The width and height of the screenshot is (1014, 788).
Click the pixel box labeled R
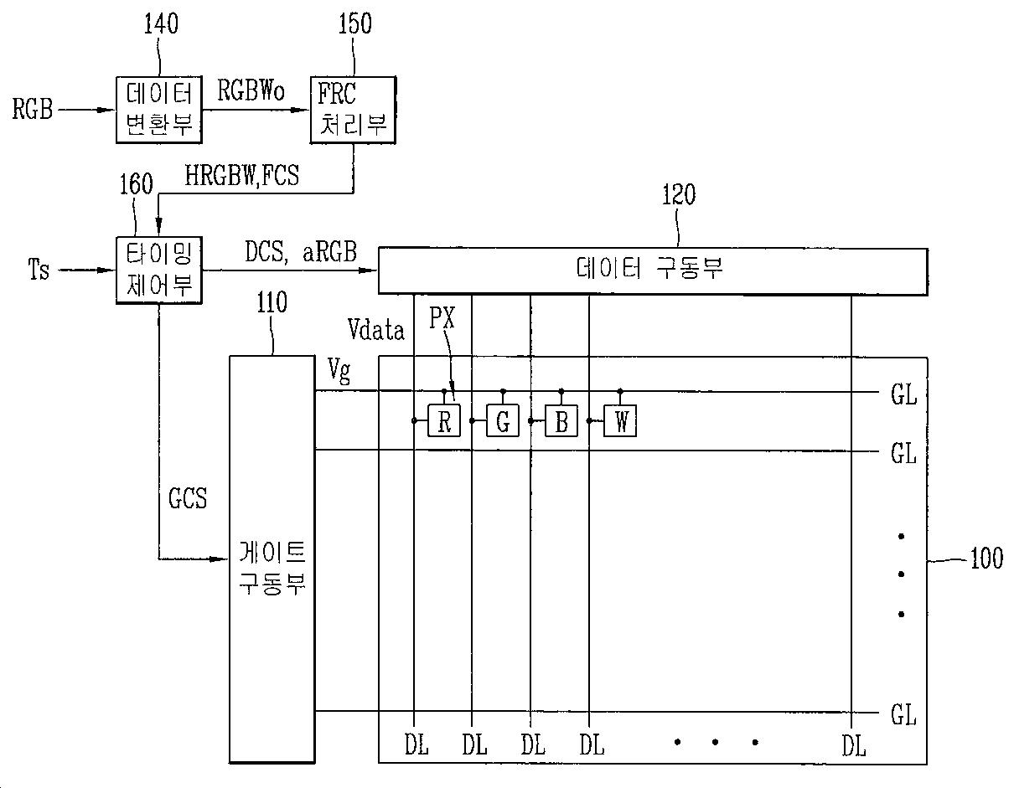click(x=444, y=421)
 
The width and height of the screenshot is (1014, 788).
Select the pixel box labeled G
click(x=503, y=421)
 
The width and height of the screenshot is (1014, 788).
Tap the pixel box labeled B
click(x=561, y=421)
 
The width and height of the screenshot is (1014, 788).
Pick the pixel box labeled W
click(x=620, y=421)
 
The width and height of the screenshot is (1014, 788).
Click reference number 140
click(x=160, y=24)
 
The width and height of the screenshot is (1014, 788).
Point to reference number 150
click(x=354, y=23)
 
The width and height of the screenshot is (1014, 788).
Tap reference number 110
click(x=272, y=301)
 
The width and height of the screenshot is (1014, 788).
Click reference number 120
click(x=678, y=195)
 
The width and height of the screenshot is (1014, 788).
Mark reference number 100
click(x=986, y=559)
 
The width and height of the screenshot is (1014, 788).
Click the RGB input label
click(x=33, y=109)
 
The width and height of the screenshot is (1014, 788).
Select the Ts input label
click(x=39, y=270)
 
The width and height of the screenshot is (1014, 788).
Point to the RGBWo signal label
click(x=251, y=90)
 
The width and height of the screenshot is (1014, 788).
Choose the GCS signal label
click(x=188, y=499)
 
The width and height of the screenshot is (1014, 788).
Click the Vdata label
click(x=376, y=330)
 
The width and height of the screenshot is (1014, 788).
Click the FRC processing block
click(x=354, y=110)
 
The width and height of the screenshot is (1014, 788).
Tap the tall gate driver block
click(x=272, y=559)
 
